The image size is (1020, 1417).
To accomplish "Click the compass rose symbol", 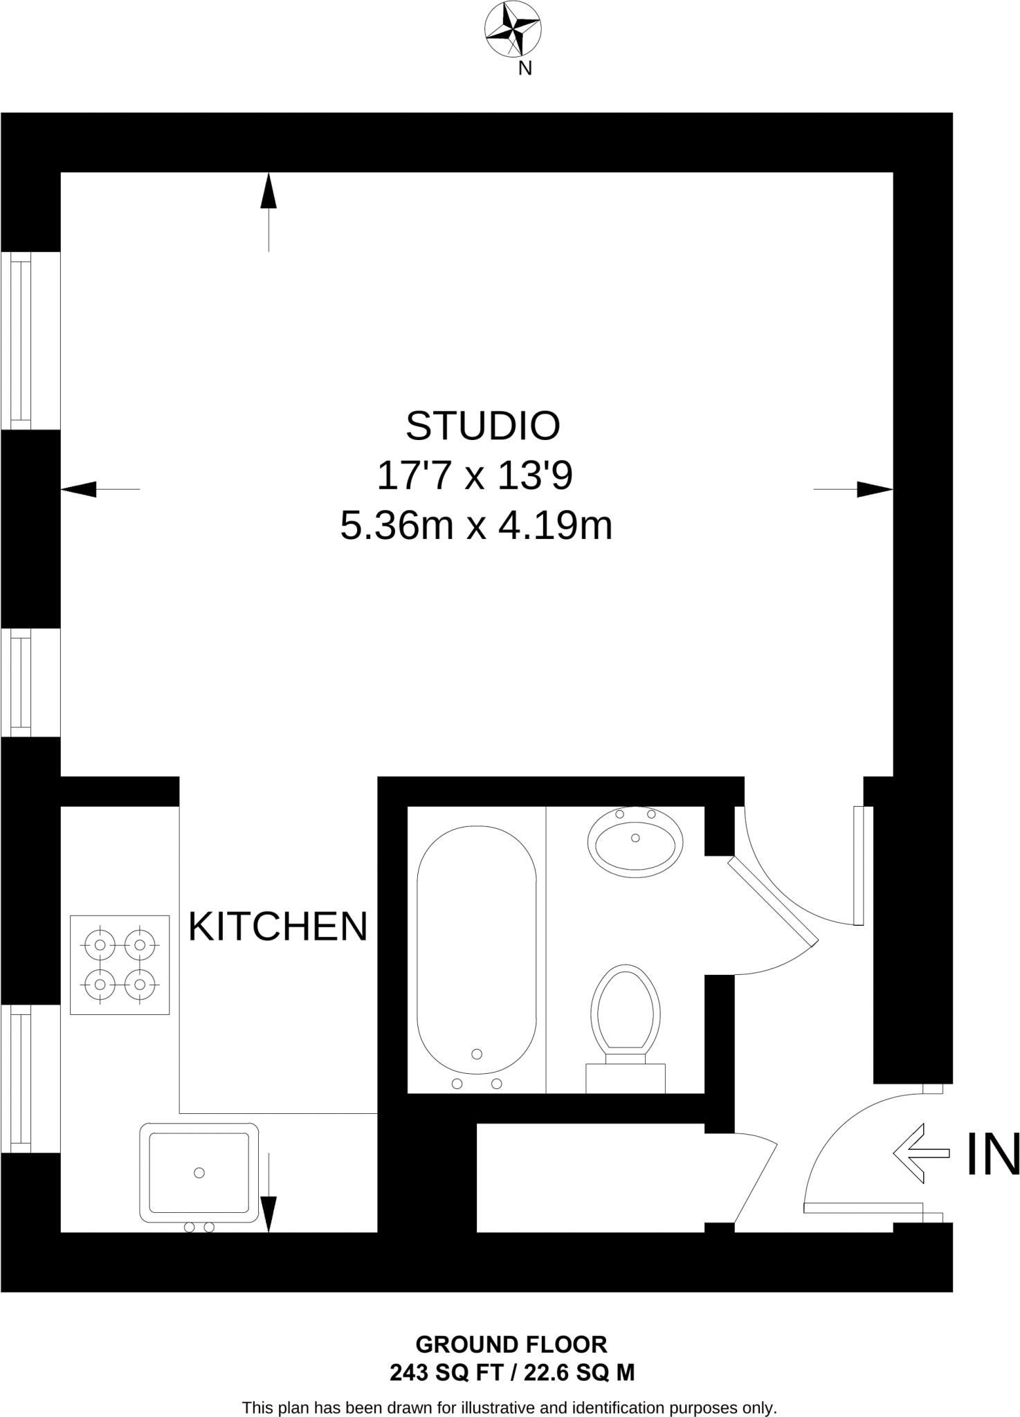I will pos(513,29).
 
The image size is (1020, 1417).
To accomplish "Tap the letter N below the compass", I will pos(525,68).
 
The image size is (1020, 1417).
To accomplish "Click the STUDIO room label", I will pos(482,426).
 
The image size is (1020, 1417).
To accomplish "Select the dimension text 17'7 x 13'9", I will pos(475,476).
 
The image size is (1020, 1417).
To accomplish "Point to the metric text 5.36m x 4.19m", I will pos(476,526).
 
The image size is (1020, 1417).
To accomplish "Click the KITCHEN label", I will pos(277,926).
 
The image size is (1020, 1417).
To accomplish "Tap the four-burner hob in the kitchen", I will pos(120,965).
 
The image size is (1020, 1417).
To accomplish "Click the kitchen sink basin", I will pos(199,1172).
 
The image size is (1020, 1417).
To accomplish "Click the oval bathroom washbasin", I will pos(635,842).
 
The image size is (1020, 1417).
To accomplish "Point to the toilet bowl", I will pos(626,1009).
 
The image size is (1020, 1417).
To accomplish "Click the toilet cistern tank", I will pos(626,1078).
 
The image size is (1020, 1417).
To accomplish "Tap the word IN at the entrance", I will pos(992,1153).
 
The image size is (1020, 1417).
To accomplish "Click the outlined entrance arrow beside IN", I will pos(921,1153).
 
